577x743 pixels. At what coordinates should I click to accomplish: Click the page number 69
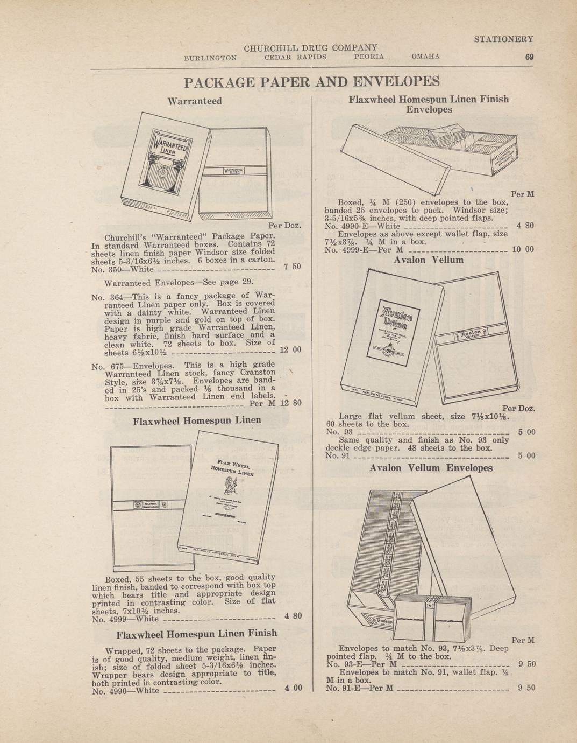click(529, 57)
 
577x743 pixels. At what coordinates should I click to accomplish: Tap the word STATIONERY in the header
click(503, 39)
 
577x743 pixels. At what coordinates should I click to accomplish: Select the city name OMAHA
click(425, 57)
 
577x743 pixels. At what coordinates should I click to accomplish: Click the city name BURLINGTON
click(210, 57)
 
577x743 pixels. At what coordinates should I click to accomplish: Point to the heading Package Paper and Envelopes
click(311, 82)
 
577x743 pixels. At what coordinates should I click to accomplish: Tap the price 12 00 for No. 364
click(291, 349)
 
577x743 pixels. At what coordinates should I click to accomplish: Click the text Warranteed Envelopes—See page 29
click(178, 282)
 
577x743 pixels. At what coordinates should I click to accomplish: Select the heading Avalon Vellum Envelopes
click(431, 468)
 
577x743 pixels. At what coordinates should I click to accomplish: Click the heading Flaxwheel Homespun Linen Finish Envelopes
click(428, 104)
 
